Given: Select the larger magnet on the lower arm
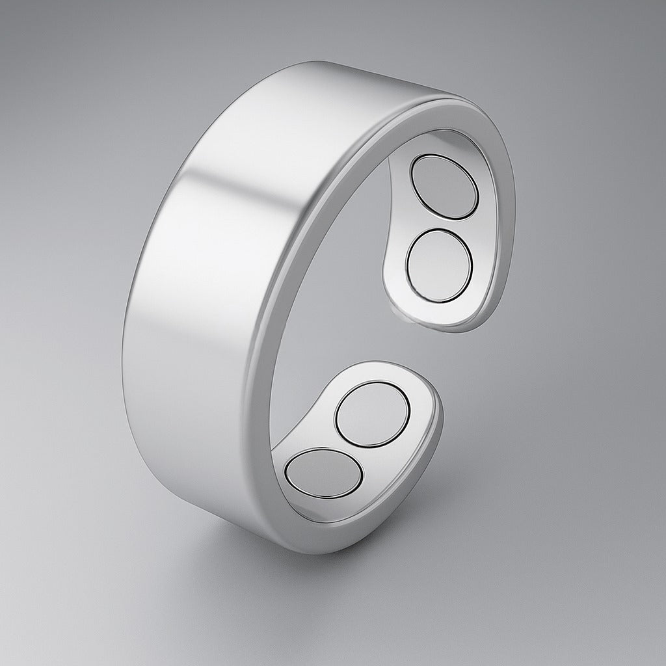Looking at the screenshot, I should point(373,414).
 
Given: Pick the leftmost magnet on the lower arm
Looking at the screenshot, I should point(324,472).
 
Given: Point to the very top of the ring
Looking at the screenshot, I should point(338,65).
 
